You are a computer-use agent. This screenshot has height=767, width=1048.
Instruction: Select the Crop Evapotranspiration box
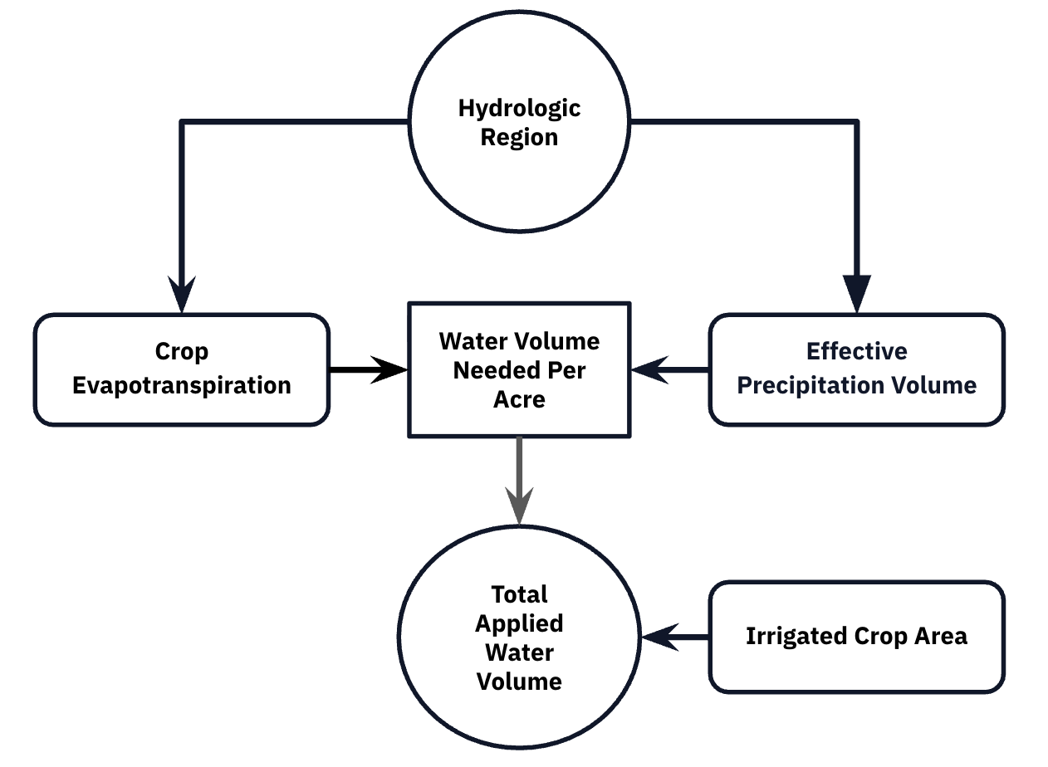click(x=181, y=369)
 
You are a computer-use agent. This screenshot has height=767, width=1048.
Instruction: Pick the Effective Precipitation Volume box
click(x=856, y=369)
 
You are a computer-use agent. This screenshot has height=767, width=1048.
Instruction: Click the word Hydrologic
click(x=520, y=109)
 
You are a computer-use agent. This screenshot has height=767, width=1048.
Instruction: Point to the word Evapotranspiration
click(x=181, y=386)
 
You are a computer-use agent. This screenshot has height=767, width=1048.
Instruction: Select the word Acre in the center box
click(x=519, y=400)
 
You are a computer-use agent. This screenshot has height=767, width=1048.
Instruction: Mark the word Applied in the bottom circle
click(x=520, y=623)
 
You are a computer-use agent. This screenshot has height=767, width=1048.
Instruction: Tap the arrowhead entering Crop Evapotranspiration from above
click(x=182, y=295)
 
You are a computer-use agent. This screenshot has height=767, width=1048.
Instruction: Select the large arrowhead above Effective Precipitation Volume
click(x=856, y=292)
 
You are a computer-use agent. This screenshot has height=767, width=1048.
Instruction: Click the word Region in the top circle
click(x=520, y=138)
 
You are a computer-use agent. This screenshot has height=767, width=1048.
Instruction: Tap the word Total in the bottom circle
click(x=520, y=594)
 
